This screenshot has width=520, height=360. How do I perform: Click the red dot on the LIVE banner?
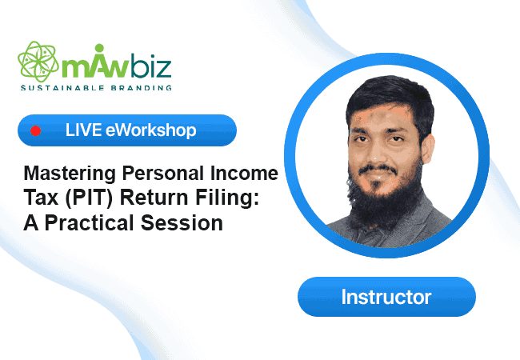click(36, 131)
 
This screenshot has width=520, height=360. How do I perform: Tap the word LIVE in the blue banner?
click(83, 130)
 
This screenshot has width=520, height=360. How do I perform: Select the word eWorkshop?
click(151, 130)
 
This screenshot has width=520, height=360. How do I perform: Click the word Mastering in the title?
click(70, 174)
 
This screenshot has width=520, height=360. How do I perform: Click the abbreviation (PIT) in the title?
click(89, 198)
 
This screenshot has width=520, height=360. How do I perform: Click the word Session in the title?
click(182, 222)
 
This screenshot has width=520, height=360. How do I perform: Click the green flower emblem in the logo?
click(38, 62)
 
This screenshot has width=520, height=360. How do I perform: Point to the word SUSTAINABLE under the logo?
click(62, 88)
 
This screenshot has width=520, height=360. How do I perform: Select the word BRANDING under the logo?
click(141, 88)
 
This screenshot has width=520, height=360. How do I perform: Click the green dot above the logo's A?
click(99, 48)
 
